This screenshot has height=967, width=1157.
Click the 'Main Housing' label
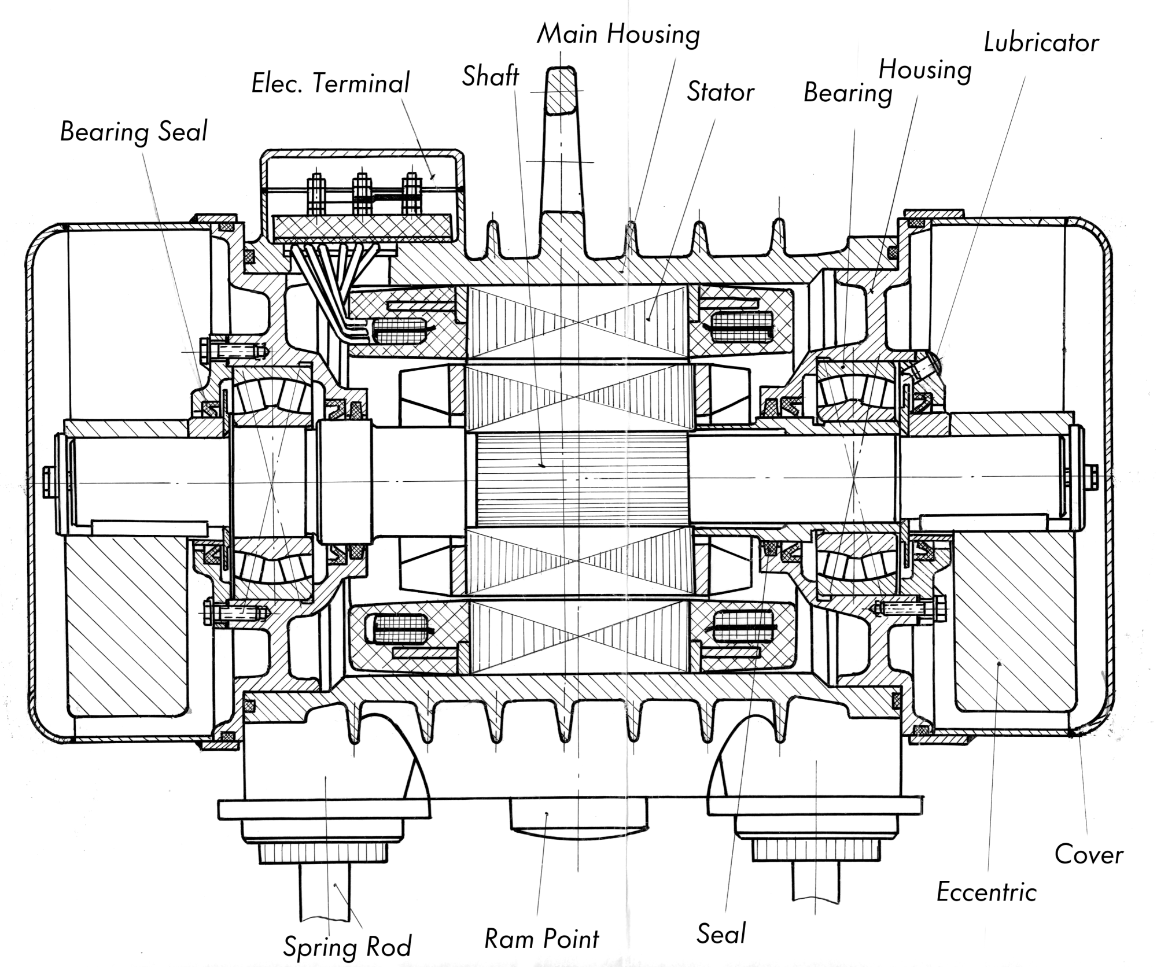[618, 35]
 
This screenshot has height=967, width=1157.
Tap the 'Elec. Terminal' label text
[330, 83]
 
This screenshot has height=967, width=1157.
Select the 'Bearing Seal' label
[134, 132]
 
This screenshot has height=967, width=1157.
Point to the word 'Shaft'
[490, 76]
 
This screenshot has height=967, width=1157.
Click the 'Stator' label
[720, 93]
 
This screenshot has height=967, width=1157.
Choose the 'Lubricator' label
[1041, 43]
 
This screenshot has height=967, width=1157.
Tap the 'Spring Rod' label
[347, 947]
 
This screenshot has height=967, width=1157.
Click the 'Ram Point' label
[541, 939]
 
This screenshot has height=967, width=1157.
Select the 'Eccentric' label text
[986, 892]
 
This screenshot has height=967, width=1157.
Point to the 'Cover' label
[1088, 855]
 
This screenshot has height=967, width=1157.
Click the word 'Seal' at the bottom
[721, 934]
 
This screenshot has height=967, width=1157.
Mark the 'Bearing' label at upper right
[848, 94]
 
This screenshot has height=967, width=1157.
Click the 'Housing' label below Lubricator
[924, 71]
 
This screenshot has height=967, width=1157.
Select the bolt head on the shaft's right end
[1093, 478]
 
